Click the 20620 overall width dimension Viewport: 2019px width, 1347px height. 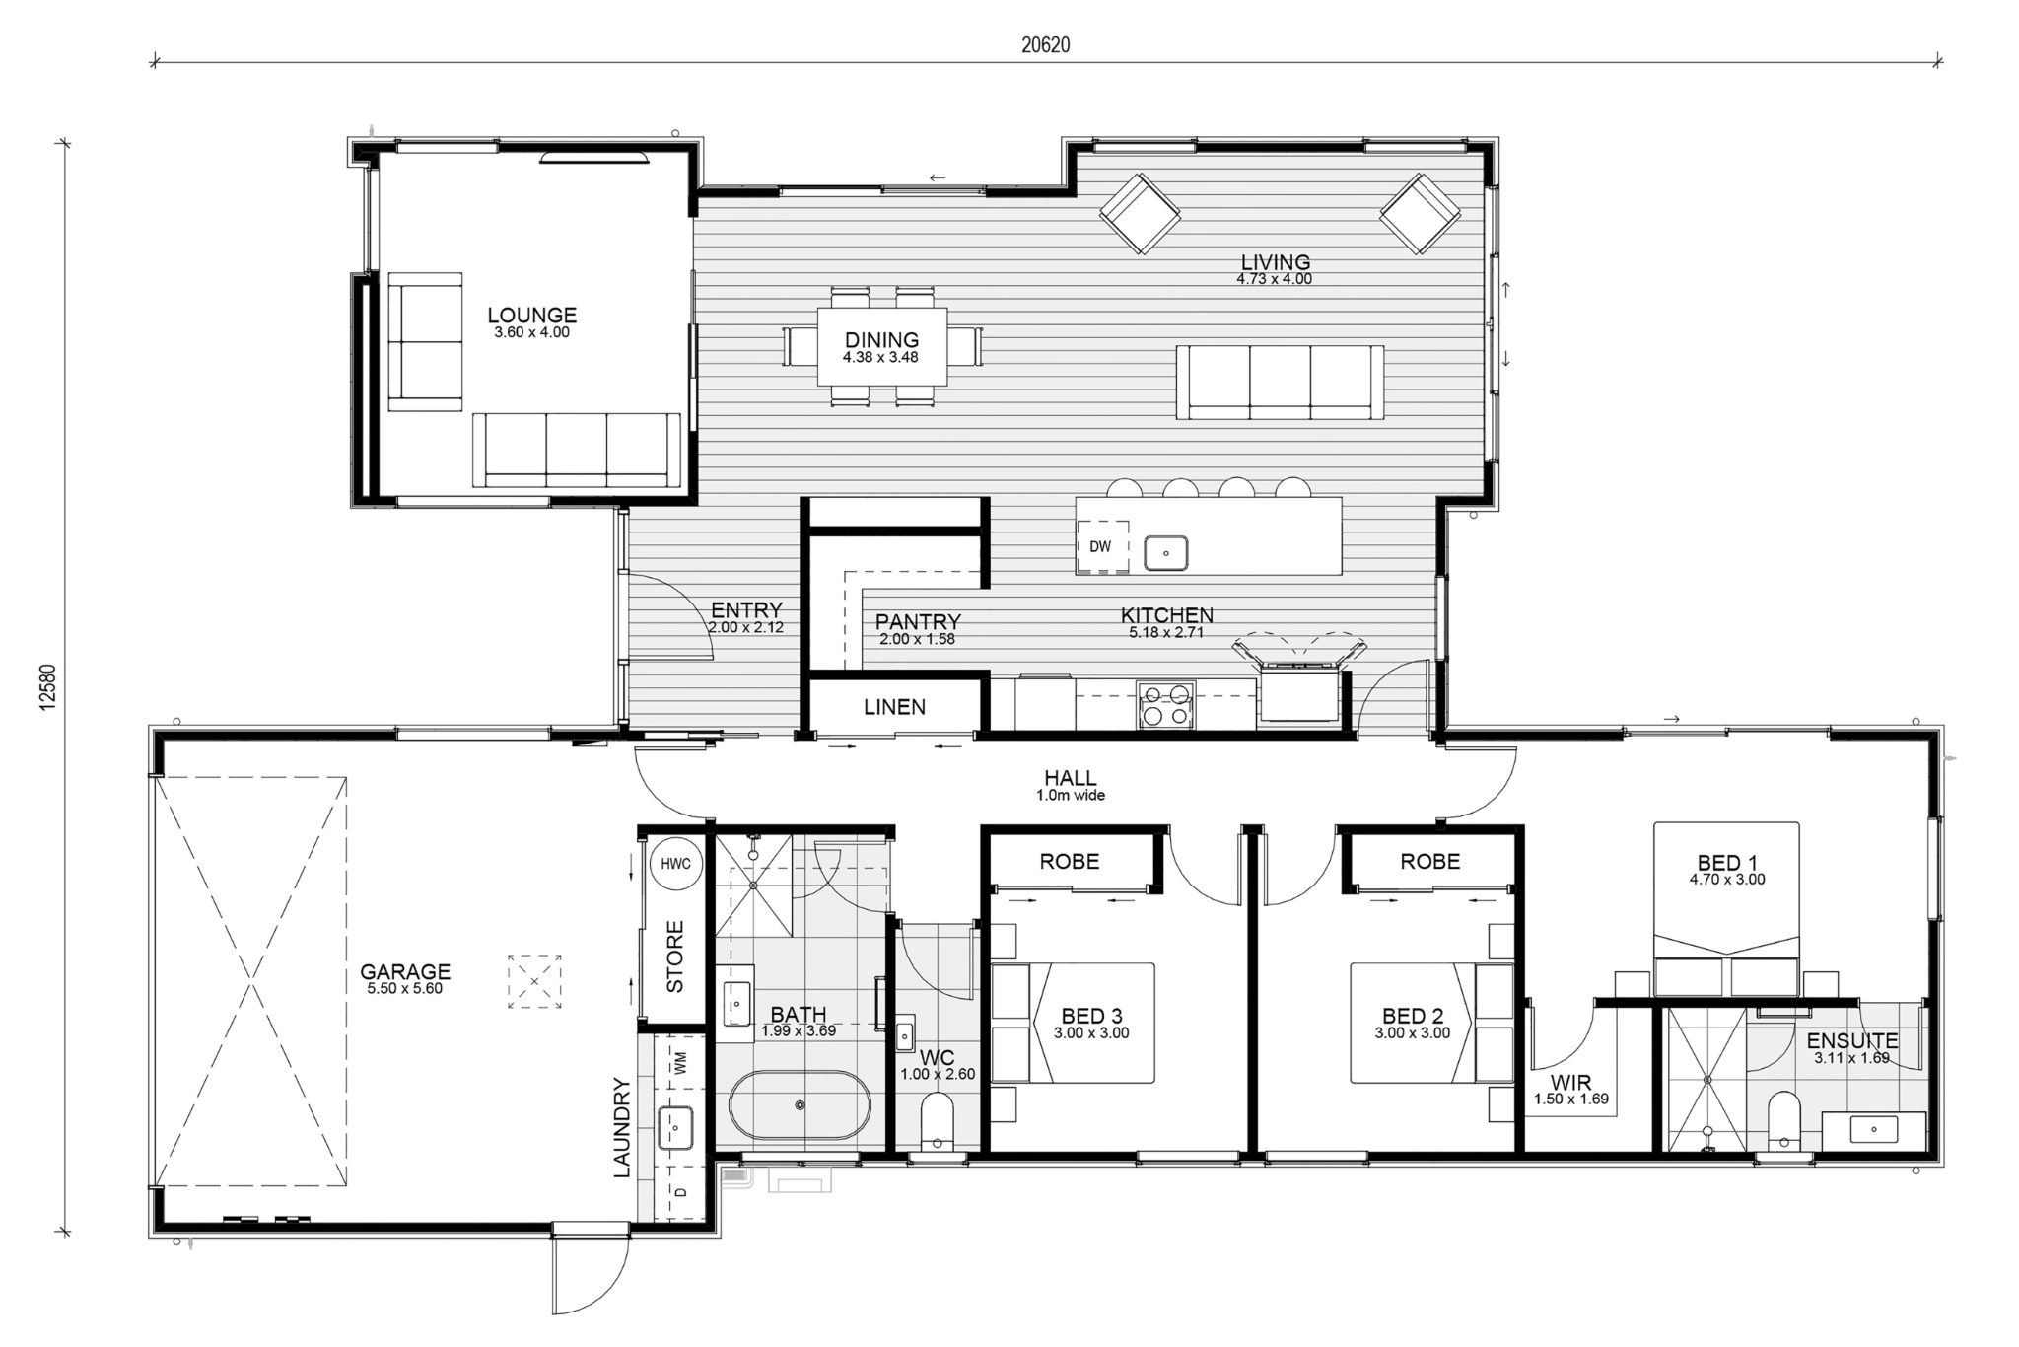1046,45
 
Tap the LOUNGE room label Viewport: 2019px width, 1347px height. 532,316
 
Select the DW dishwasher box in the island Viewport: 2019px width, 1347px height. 1100,546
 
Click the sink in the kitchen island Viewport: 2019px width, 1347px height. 1166,553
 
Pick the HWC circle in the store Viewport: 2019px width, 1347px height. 676,864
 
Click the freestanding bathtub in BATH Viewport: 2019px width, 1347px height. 800,1105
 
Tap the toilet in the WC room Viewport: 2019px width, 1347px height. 938,1121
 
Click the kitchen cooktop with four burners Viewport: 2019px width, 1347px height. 1166,704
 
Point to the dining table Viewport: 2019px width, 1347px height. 881,347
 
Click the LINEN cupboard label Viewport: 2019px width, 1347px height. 895,707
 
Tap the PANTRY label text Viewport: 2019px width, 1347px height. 918,622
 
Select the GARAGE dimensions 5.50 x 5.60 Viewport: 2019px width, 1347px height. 405,989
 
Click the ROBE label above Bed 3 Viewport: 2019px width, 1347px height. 1070,862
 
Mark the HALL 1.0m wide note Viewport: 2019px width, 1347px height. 1071,795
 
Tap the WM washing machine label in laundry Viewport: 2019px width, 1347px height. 680,1062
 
